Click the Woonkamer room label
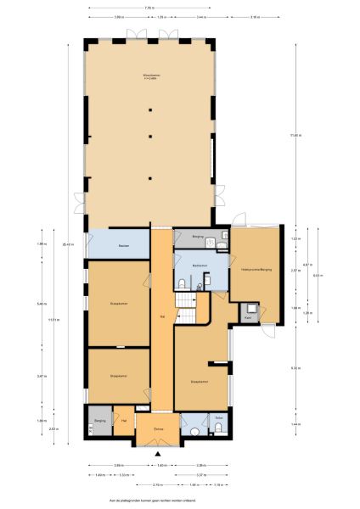[149, 77]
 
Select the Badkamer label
[200, 266]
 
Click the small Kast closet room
[250, 313]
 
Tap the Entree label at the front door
[158, 429]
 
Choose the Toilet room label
[218, 417]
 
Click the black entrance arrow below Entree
[158, 455]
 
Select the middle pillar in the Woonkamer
[149, 136]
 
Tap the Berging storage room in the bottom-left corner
[99, 420]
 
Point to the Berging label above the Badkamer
[197, 237]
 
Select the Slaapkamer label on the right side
[200, 382]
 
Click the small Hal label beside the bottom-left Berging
[124, 420]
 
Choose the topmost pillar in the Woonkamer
[149, 108]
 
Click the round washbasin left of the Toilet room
[194, 431]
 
